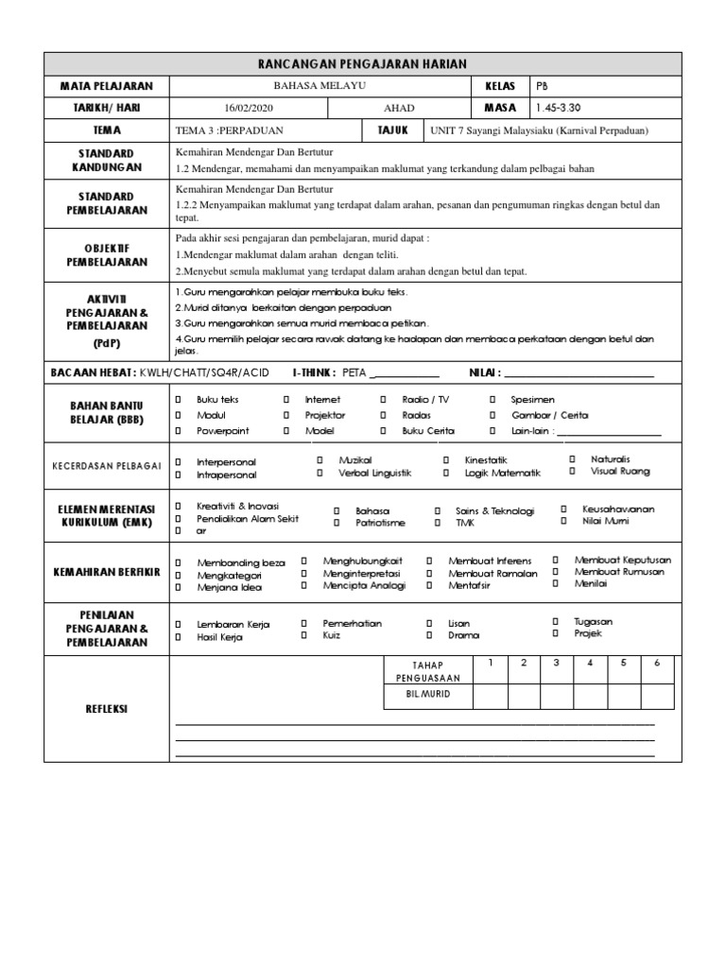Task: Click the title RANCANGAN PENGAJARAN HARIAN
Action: pos(363,63)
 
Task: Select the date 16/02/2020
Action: pos(248,108)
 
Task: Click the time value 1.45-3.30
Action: pos(562,108)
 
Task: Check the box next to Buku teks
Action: pos(178,400)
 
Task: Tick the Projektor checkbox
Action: pos(285,415)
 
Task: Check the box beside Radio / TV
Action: pos(383,400)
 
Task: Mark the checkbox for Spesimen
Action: pos(492,400)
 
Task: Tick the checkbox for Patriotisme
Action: pos(336,522)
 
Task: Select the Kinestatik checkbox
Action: pos(445,459)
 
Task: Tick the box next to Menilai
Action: pos(556,583)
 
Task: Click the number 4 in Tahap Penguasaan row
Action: pos(590,663)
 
